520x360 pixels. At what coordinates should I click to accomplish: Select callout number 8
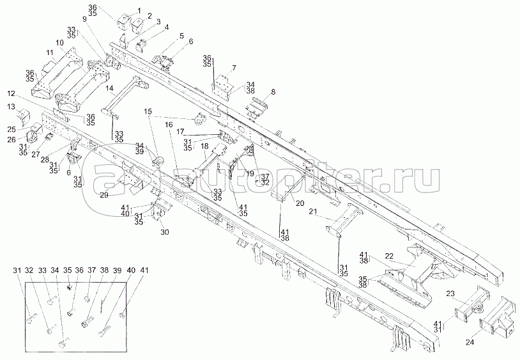click(x=273, y=92)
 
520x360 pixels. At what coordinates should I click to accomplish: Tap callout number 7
click(x=234, y=67)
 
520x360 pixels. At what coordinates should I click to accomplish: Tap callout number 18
click(x=204, y=146)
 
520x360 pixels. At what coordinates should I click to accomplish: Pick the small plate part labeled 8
click(x=259, y=107)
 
